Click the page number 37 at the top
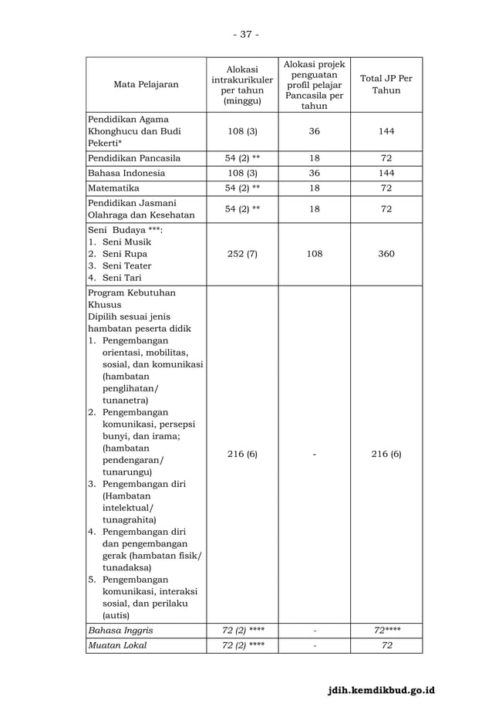[246, 34]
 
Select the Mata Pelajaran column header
[145, 84]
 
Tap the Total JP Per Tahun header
[386, 84]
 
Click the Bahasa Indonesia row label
[126, 173]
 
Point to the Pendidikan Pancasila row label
[134, 157]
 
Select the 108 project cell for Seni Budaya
[314, 253]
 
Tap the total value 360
[386, 253]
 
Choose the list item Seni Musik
[126, 242]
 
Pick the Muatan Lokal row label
[116, 644]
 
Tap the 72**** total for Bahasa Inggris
[386, 630]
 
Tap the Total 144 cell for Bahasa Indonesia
[386, 173]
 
